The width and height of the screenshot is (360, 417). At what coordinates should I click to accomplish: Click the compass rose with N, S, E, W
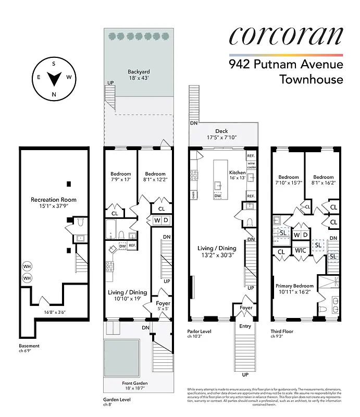pos(54,78)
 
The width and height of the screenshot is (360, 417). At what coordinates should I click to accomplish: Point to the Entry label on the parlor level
pos(245,326)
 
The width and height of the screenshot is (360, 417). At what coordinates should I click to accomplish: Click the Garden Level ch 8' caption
pos(117,402)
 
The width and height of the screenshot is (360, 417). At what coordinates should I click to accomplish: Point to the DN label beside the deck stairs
pos(193,123)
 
